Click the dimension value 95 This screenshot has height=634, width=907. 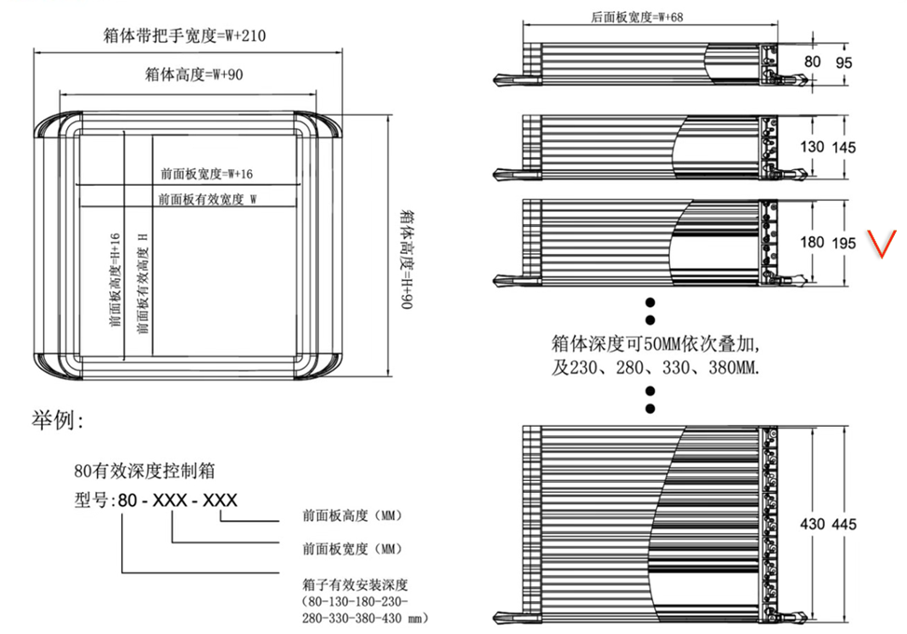pyautogui.click(x=844, y=63)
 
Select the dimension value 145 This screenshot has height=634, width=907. pyautogui.click(x=844, y=148)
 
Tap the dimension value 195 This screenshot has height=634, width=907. pyautogui.click(x=844, y=242)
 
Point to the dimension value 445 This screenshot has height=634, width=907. pyautogui.click(x=844, y=524)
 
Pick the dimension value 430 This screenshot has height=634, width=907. pyautogui.click(x=812, y=524)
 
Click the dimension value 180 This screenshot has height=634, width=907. pyautogui.click(x=812, y=242)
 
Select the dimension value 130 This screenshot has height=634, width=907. pyautogui.click(x=813, y=148)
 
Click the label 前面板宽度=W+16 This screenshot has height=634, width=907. pyautogui.click(x=206, y=174)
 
